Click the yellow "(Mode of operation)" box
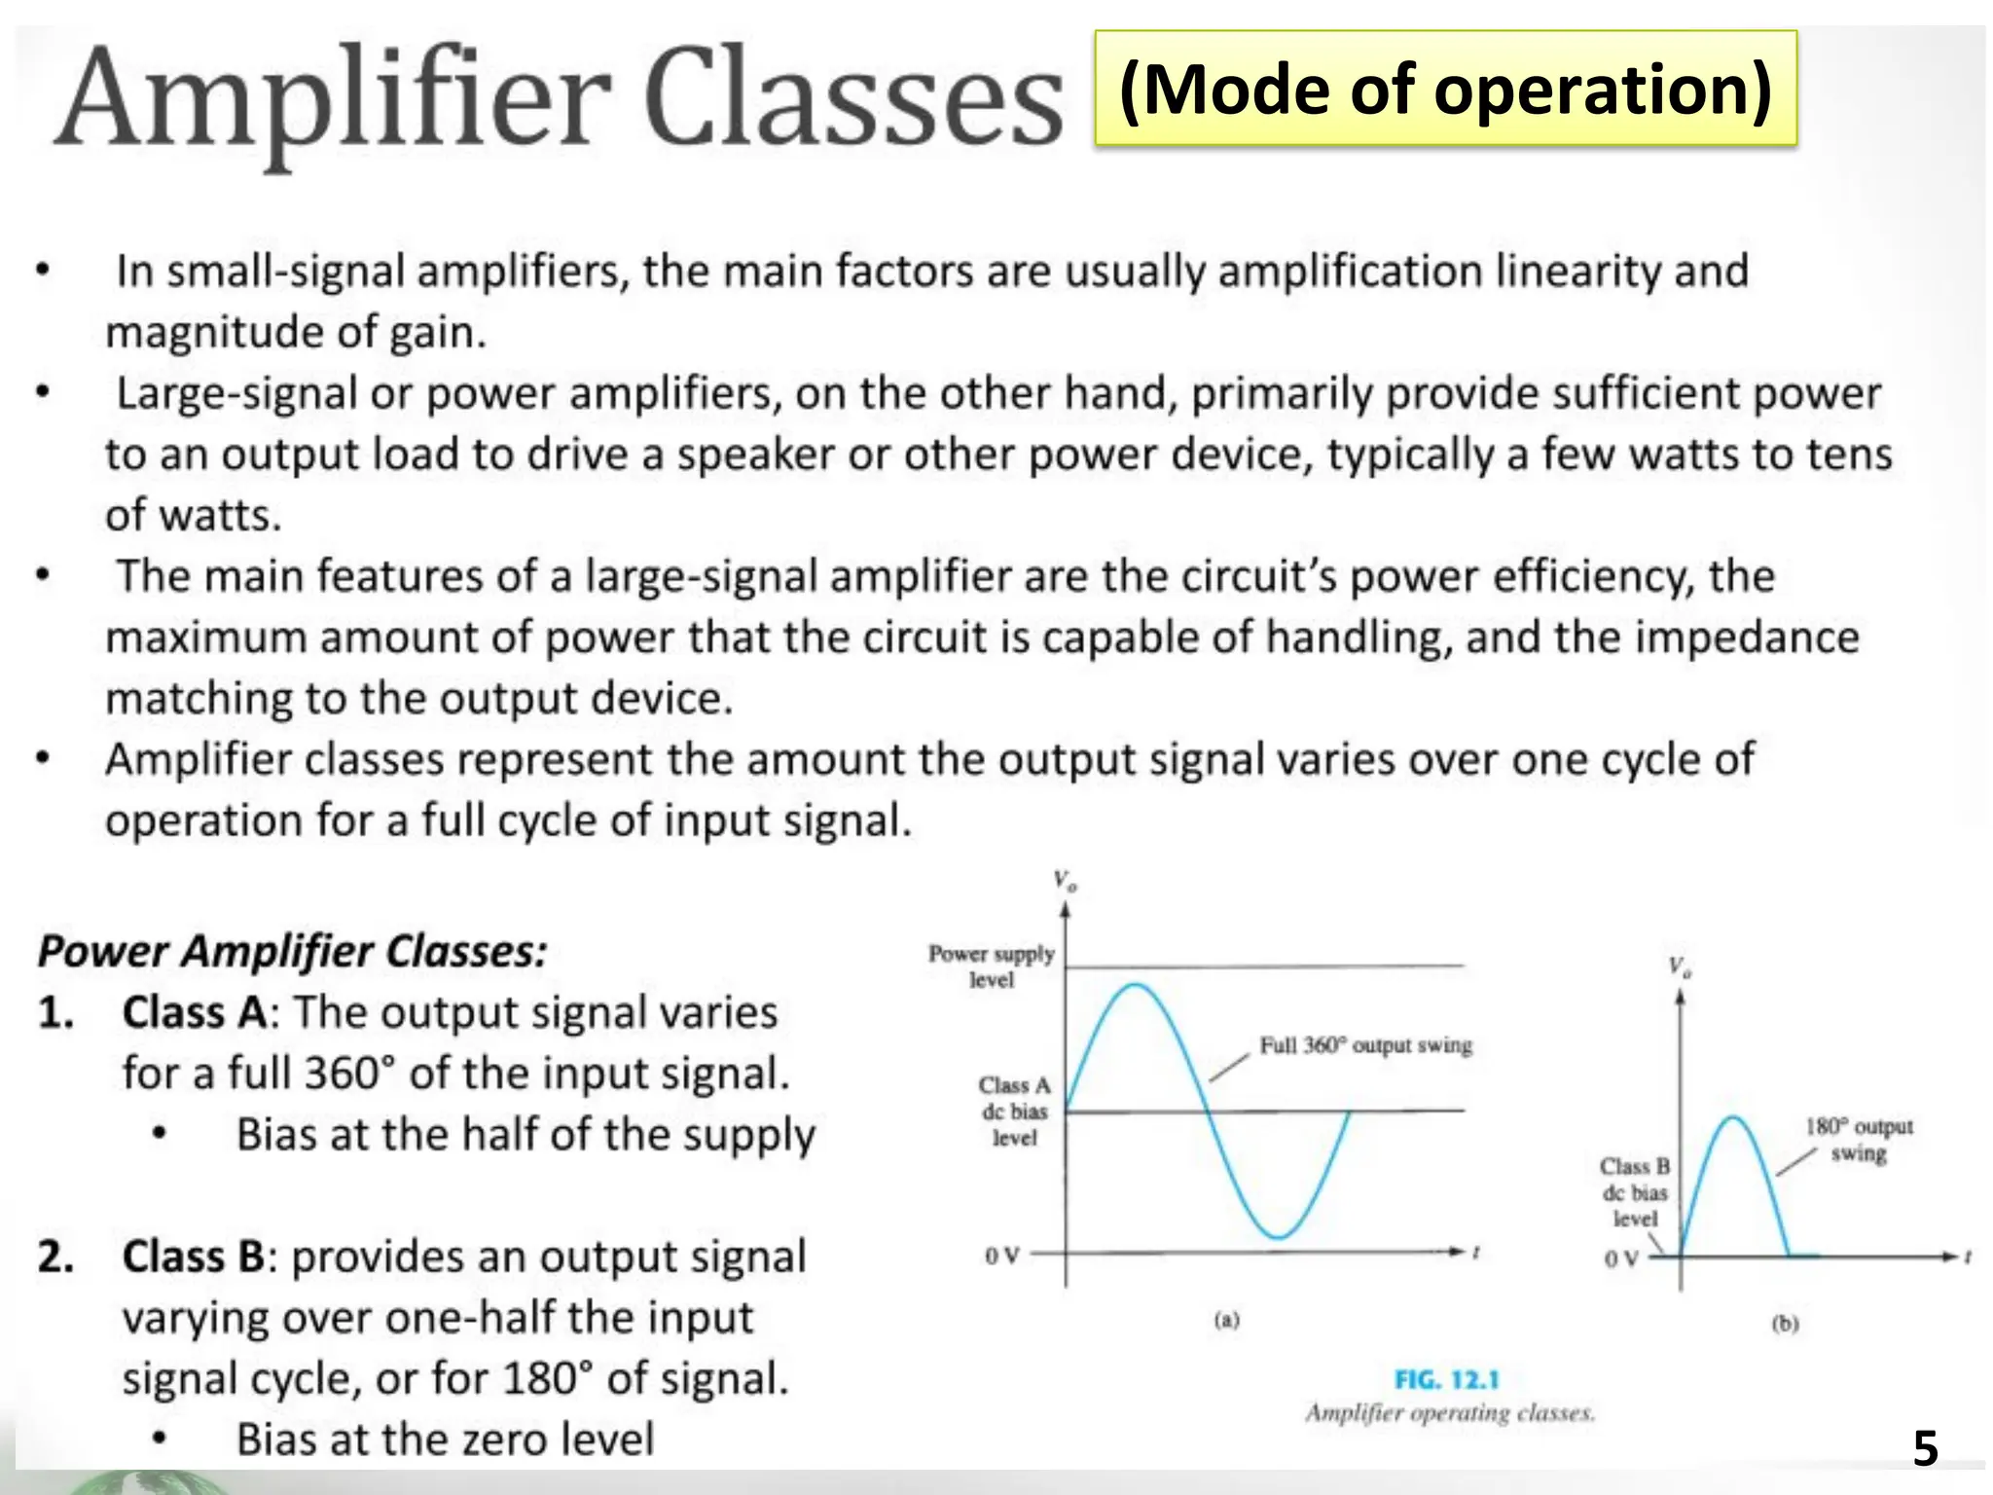pyautogui.click(x=1445, y=89)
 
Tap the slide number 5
pyautogui.click(x=1925, y=1448)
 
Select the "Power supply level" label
pyautogui.click(x=992, y=966)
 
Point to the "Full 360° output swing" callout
pyautogui.click(x=1365, y=1045)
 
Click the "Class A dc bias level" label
pyautogui.click(x=1014, y=1111)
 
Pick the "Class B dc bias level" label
pyautogui.click(x=1635, y=1192)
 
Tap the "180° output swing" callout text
pyautogui.click(x=1859, y=1140)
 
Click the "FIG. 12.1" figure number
pyautogui.click(x=1447, y=1379)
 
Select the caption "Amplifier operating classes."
pyautogui.click(x=1450, y=1413)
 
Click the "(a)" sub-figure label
pyautogui.click(x=1227, y=1321)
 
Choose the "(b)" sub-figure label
pyautogui.click(x=1785, y=1324)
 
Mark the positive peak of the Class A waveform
pyautogui.click(x=1136, y=986)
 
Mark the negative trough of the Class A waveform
pyautogui.click(x=1279, y=1237)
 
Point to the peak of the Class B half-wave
pyautogui.click(x=1733, y=1118)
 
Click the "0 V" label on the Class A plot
pyautogui.click(x=1001, y=1256)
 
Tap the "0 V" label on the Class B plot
pyautogui.click(x=1621, y=1258)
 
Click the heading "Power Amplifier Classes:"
pyautogui.click(x=292, y=951)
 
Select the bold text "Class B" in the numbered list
pyautogui.click(x=194, y=1257)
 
